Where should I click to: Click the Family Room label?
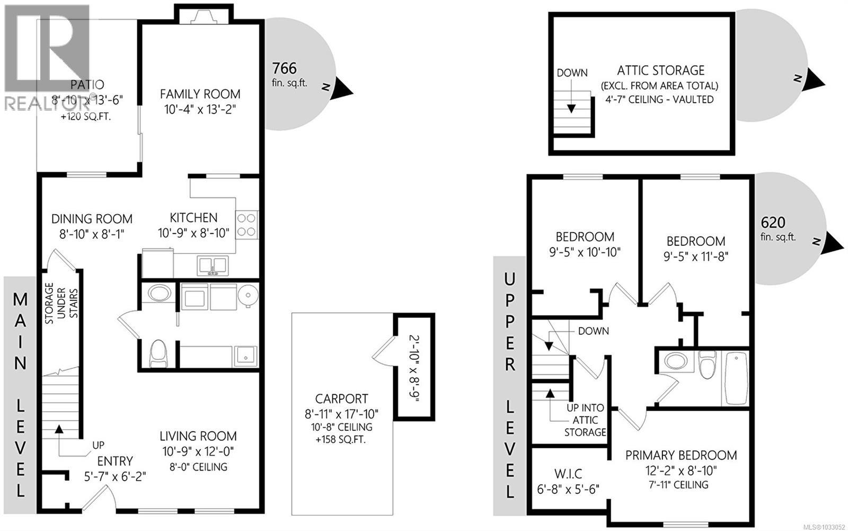click(200, 94)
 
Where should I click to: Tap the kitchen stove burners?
click(246, 224)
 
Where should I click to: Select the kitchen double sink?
click(213, 264)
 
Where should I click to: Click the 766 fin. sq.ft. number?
click(284, 68)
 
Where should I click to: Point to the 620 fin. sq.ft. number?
click(773, 222)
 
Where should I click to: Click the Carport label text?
click(341, 399)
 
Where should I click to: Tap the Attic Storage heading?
click(660, 70)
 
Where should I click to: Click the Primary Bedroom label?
click(681, 455)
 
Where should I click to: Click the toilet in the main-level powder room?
click(158, 353)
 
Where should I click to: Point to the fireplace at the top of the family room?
click(204, 18)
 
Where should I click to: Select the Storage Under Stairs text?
click(61, 304)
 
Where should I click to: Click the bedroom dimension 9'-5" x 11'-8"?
click(696, 256)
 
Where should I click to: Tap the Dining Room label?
click(92, 219)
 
